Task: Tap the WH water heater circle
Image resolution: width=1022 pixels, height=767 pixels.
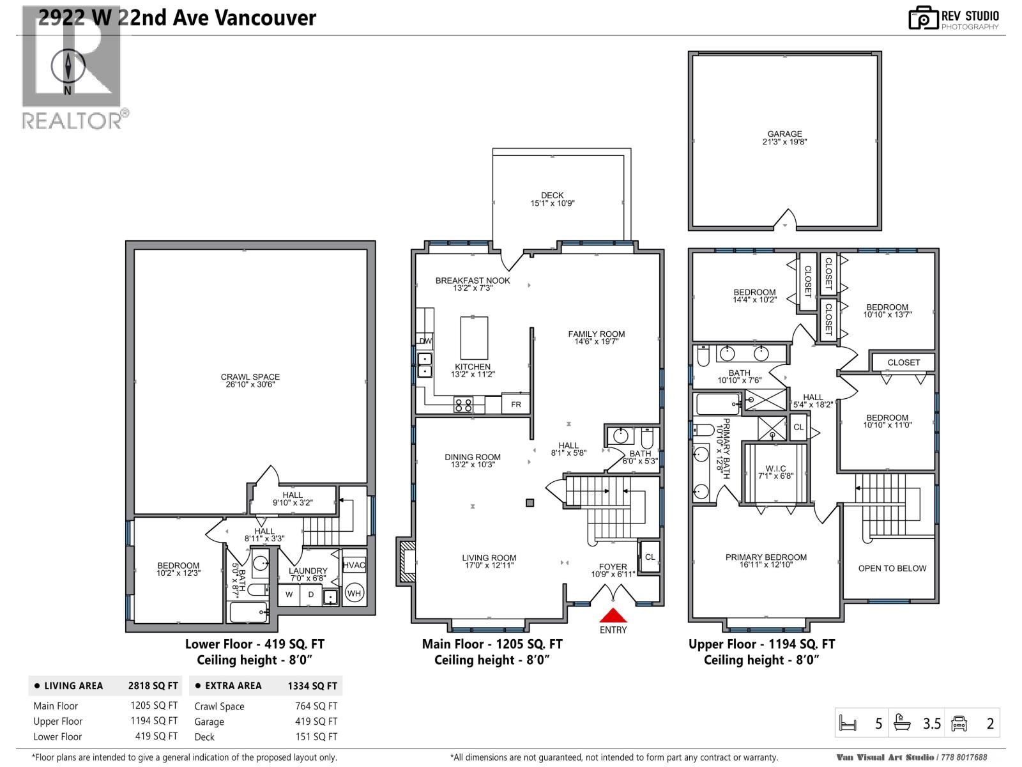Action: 354,593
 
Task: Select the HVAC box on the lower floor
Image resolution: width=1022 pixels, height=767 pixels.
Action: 354,565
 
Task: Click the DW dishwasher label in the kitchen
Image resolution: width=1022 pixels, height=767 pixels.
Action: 425,341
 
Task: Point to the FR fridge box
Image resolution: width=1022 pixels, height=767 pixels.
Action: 515,404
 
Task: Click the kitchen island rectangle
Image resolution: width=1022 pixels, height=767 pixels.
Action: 474,338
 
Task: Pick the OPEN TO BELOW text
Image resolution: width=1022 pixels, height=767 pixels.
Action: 892,568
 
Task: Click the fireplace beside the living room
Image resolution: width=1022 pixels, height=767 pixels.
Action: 406,561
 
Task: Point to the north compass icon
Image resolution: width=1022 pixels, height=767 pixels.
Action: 68,66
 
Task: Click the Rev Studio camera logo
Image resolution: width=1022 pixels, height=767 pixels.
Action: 922,18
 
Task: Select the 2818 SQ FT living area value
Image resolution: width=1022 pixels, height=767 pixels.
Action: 153,686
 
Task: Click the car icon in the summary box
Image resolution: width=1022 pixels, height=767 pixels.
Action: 959,724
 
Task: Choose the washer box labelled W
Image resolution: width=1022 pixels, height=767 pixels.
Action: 289,594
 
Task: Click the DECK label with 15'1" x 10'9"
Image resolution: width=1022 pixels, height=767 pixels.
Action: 553,199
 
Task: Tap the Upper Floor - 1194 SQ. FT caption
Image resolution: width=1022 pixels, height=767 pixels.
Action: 761,644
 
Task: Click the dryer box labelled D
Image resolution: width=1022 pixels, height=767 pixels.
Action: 311,594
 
